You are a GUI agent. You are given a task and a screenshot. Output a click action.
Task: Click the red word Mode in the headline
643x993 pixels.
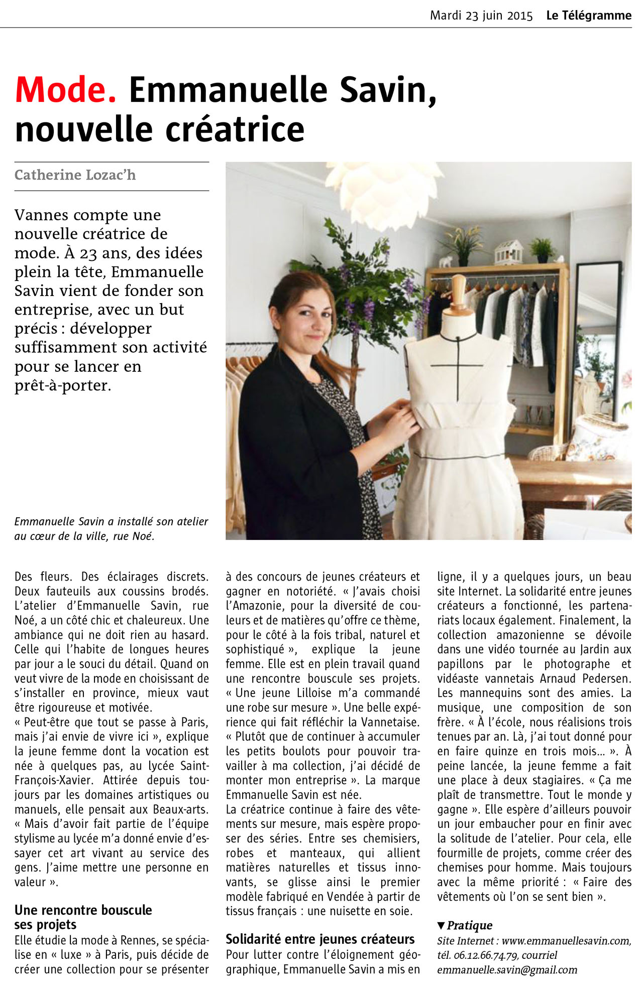(65, 90)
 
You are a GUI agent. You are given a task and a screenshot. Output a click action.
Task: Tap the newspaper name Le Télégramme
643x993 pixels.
(589, 16)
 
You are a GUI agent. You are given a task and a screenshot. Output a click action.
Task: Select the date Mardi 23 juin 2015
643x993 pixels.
(481, 16)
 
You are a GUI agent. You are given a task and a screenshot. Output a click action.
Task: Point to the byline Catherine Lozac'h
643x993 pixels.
(75, 175)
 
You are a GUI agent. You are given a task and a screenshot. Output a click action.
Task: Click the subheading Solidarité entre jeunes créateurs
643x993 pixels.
(320, 939)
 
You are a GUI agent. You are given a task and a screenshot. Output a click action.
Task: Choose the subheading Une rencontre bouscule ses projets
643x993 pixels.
(83, 917)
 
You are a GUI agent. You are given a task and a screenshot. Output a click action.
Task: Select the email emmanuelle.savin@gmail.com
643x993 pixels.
(507, 970)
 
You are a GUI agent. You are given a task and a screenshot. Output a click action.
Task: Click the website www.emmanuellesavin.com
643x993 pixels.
(566, 941)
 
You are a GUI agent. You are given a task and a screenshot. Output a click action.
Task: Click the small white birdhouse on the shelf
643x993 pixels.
(508, 252)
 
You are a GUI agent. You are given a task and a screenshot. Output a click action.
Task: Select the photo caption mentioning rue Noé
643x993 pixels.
(111, 528)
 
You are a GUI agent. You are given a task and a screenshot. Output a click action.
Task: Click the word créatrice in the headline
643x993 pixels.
(235, 129)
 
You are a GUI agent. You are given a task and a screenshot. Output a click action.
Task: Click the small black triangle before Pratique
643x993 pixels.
(441, 925)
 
